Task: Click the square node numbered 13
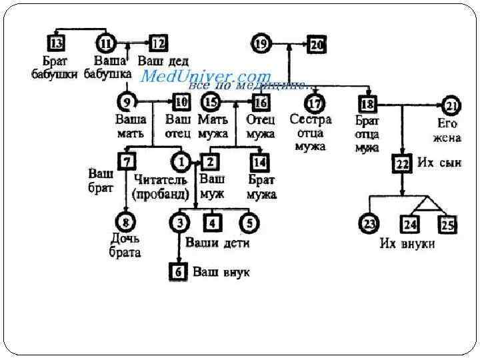57,44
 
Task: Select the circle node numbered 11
105,44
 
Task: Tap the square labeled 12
158,44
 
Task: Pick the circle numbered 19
261,45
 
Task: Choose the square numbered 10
181,103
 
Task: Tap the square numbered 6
178,271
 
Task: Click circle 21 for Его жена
451,105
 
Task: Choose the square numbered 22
401,164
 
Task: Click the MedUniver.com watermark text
206,77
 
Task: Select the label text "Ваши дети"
217,243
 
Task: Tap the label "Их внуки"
407,243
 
